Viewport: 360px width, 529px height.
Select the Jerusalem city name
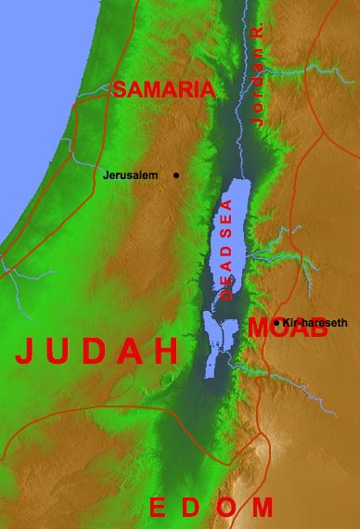[131, 174]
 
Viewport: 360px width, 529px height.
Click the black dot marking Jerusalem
[176, 174]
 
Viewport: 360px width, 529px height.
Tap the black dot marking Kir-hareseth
[276, 322]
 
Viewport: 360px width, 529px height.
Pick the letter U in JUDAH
[61, 351]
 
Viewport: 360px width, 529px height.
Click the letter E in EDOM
[159, 507]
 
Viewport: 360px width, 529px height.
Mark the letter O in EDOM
[226, 507]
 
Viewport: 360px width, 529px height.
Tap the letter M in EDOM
[263, 507]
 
